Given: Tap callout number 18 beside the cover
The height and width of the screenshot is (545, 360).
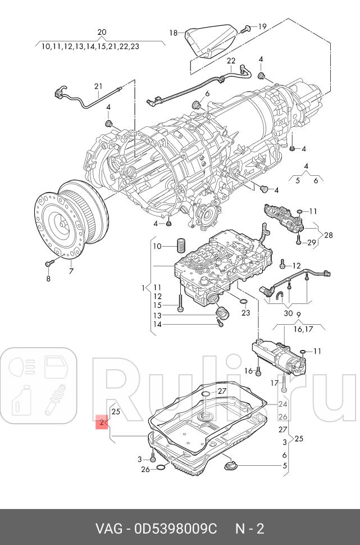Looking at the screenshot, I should coord(173,33).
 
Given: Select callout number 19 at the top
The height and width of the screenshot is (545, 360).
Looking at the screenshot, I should coord(262,26).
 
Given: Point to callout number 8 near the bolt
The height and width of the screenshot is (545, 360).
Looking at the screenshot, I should coord(48,279).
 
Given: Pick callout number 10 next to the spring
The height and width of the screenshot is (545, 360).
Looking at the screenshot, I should coord(157,246).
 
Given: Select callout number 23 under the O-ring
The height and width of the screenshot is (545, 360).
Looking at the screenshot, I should coord(245,313).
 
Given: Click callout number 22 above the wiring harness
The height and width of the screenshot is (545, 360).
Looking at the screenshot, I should coord(231,60).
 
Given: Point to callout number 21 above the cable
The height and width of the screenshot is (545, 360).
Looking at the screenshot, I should coord(99,86).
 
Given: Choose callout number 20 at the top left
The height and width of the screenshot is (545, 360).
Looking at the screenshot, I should coord(101,32).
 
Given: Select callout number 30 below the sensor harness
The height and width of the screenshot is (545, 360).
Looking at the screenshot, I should coord(288,313).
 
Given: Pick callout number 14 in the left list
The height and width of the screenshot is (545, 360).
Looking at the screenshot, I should coord(158,324).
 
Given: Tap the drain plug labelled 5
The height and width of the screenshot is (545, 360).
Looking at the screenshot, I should coord(231,465).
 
